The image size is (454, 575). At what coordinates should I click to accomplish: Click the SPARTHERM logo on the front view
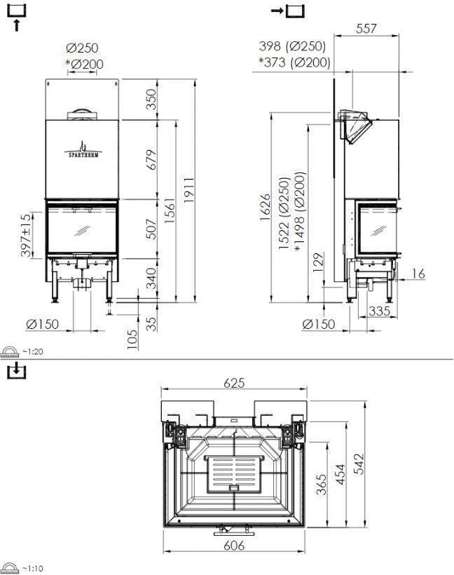[83, 149]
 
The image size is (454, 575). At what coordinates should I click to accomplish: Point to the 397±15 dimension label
[26, 236]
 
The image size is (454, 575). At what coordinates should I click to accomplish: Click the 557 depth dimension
[366, 29]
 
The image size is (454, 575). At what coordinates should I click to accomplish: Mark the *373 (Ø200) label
[294, 62]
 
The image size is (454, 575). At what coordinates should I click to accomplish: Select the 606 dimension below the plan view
[233, 545]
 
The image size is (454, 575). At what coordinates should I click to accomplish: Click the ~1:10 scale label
[32, 568]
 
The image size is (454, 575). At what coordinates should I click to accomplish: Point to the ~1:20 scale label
[32, 352]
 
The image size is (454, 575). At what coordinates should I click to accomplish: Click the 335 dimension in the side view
[379, 310]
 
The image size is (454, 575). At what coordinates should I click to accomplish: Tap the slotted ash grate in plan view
[233, 473]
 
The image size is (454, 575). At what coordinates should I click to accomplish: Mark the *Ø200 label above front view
[83, 64]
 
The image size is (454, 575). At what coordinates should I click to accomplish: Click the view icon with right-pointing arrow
[289, 11]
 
